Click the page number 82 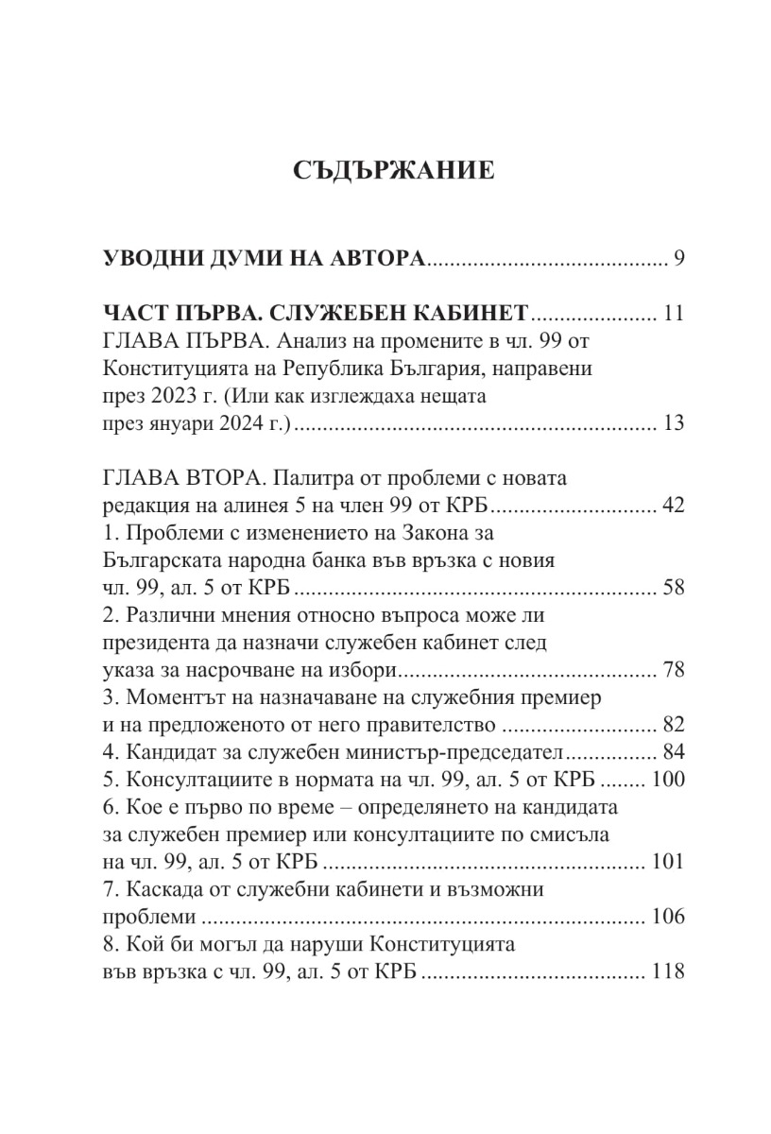pos(673,725)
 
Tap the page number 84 pos(673,752)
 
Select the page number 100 pos(667,781)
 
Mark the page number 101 pos(667,862)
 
